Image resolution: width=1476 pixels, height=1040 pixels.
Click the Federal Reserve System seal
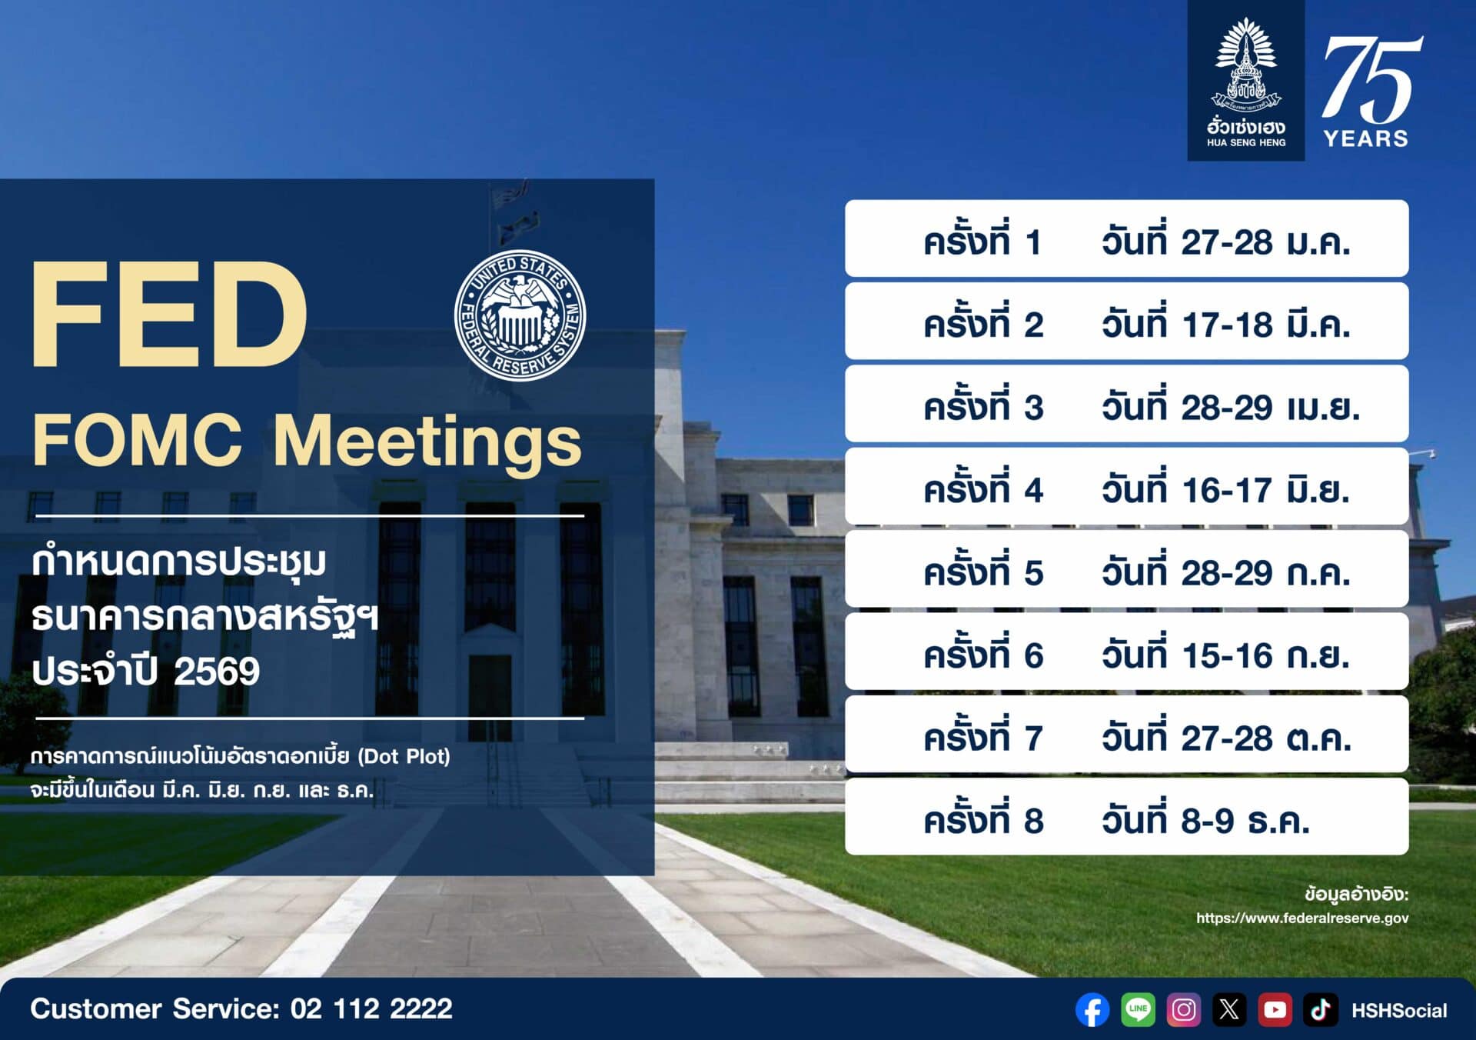coord(520,315)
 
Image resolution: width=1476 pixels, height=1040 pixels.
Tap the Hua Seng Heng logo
coord(1246,81)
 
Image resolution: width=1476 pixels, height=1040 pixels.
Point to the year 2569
coord(217,672)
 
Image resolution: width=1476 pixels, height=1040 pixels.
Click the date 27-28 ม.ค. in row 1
coord(1265,242)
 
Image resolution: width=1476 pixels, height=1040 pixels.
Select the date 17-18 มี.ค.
coord(1265,325)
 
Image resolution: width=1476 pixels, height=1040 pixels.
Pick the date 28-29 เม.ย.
coord(1270,407)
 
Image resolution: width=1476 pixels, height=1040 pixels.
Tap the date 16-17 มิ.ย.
coord(1265,490)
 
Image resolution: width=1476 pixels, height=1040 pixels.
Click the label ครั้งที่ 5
coord(983,571)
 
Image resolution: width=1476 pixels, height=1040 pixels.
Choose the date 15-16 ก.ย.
coord(1265,655)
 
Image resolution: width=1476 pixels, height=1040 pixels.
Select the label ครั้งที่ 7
coord(983,736)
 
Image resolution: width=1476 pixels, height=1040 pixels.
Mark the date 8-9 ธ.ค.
coord(1245,821)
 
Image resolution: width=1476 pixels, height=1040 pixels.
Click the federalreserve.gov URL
coord(1302,918)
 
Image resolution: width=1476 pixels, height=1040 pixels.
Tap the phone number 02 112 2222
coord(371,1008)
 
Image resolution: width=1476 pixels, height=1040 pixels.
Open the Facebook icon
coord(1092,1010)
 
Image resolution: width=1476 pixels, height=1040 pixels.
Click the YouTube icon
coord(1275,1010)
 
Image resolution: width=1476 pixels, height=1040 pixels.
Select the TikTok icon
coord(1320,1010)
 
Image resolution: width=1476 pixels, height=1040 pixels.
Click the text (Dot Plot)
coord(404,756)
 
